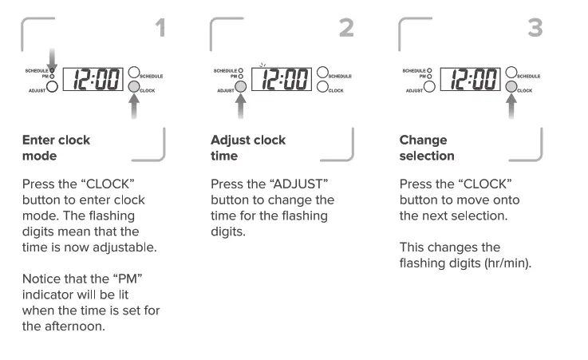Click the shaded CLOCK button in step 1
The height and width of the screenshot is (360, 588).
(134, 87)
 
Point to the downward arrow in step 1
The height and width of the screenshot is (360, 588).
(53, 61)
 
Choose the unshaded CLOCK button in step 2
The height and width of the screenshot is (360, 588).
(322, 87)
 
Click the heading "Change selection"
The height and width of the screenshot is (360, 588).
(427, 148)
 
